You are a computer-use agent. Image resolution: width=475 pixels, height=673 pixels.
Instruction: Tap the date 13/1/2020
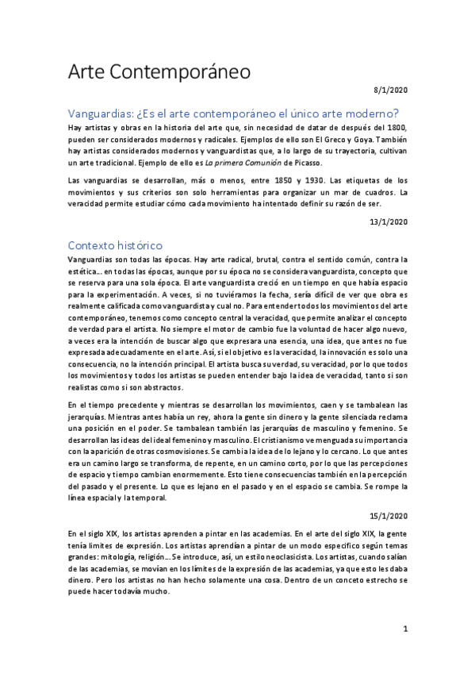click(388, 221)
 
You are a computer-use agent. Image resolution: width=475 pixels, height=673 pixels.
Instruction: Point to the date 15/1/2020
click(388, 515)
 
